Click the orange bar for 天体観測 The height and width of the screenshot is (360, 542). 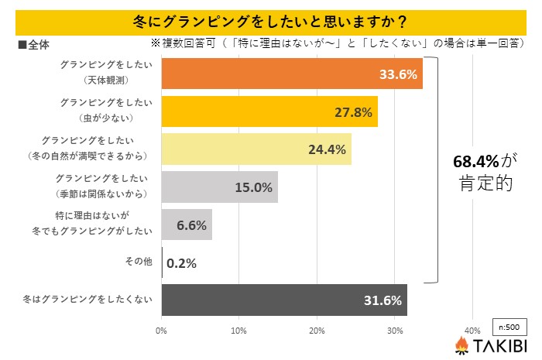tap(292, 74)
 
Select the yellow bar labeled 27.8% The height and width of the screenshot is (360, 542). tap(269, 111)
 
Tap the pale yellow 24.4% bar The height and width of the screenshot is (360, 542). tap(256, 149)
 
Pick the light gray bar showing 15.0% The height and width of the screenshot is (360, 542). tap(220, 187)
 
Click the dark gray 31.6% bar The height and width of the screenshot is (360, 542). tap(284, 300)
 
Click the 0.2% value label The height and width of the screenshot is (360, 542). tap(181, 262)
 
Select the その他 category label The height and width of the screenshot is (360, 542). tap(139, 262)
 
